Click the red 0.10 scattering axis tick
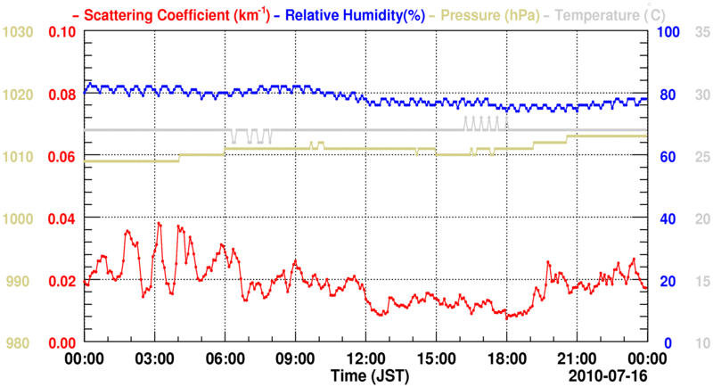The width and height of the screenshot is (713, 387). pos(62,32)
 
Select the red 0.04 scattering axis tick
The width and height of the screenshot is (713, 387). pos(62,218)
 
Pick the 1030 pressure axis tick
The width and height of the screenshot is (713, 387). pos(18,32)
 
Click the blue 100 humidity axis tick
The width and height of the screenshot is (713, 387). pos(668,32)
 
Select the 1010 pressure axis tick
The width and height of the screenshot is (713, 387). pos(18,157)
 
